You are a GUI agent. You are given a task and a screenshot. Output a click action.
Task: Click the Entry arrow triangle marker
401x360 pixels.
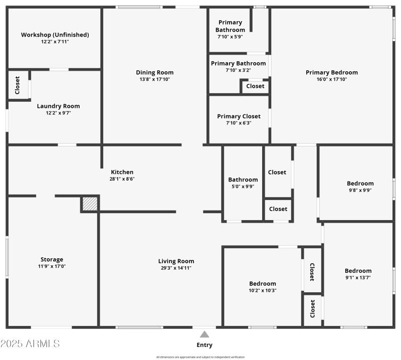tap(205, 334)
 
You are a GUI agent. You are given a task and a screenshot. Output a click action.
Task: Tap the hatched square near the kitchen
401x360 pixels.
tap(89, 204)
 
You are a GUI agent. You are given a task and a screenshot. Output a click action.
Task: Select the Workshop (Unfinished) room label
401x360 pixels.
tap(55, 35)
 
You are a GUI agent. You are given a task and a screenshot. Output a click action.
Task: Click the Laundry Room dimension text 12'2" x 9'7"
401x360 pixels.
tap(58, 113)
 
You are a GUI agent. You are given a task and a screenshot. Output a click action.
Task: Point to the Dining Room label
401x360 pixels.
tap(155, 72)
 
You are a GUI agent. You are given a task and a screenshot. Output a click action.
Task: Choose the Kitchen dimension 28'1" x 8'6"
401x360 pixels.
tap(122, 178)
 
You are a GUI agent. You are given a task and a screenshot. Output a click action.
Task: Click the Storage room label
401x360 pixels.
tap(52, 259)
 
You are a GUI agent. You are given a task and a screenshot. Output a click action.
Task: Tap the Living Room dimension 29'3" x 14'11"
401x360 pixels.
tap(176, 268)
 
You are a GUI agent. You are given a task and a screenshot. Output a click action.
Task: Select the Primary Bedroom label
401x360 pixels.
tap(332, 72)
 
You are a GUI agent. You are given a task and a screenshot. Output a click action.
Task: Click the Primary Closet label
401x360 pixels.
tap(239, 116)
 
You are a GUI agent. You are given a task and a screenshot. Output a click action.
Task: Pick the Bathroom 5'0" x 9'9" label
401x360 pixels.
tap(243, 179)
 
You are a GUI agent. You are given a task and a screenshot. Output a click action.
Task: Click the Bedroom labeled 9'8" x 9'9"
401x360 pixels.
tap(360, 184)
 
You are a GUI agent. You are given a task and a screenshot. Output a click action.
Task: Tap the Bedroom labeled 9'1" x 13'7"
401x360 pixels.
tap(358, 271)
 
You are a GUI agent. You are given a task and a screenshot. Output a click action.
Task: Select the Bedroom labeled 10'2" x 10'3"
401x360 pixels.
tap(263, 283)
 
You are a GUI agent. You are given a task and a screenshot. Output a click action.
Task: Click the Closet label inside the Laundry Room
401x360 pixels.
tap(18, 85)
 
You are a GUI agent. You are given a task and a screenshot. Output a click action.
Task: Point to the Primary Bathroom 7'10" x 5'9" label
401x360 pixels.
tap(230, 26)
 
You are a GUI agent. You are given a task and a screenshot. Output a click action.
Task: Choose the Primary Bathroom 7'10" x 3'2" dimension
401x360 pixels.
tap(239, 70)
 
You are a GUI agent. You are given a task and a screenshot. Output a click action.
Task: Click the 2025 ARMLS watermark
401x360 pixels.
tap(30, 344)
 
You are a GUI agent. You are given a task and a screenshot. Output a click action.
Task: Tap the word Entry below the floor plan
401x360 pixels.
tap(205, 345)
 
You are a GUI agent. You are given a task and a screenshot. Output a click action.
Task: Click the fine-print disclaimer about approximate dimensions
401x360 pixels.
tap(200, 357)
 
